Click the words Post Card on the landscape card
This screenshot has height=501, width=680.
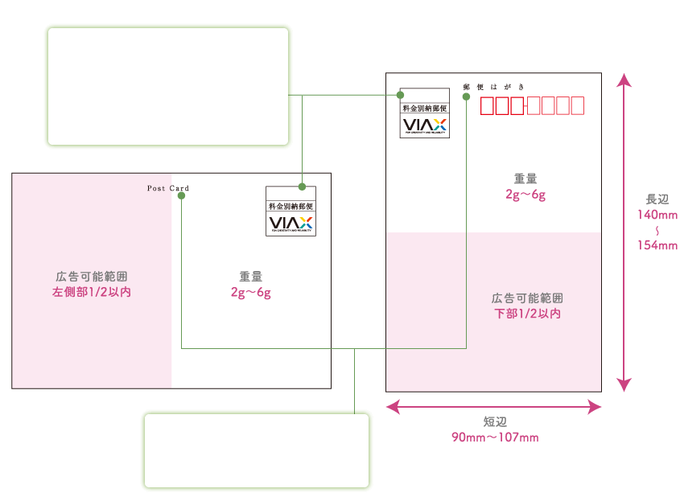coord(167,188)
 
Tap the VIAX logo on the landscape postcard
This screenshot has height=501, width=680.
coord(291,223)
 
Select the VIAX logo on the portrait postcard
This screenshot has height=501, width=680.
coord(424,125)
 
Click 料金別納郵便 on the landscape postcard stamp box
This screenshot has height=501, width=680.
coord(291,207)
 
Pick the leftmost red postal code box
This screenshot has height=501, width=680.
coord(488,106)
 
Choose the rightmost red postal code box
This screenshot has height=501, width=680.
coord(575,106)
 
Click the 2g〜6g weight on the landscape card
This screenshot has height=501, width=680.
coord(250,293)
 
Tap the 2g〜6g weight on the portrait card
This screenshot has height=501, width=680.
coord(525,195)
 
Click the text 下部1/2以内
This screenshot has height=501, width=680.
coord(527,314)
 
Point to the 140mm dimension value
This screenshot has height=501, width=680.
coord(657,215)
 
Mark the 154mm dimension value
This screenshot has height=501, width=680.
coord(657,245)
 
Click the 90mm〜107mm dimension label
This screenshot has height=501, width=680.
coord(494,437)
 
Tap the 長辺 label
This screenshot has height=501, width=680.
coord(657,199)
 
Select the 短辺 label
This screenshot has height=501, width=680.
coord(494,422)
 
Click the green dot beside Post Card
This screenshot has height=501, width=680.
coord(182,195)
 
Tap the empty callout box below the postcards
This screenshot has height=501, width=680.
coord(256,450)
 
